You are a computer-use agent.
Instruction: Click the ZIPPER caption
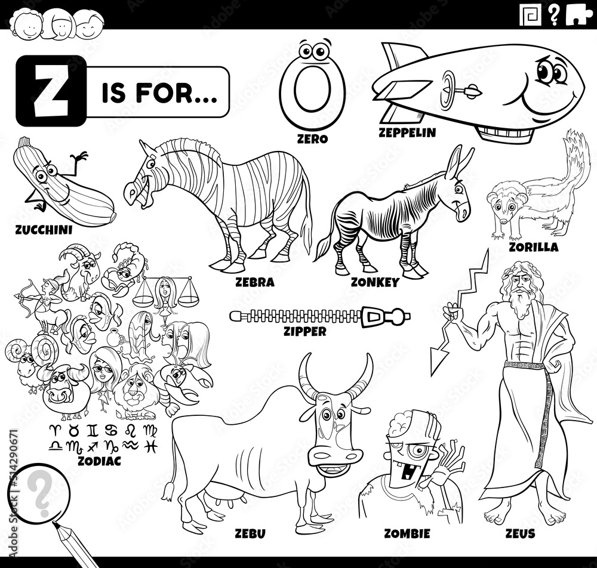[x=305, y=331]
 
